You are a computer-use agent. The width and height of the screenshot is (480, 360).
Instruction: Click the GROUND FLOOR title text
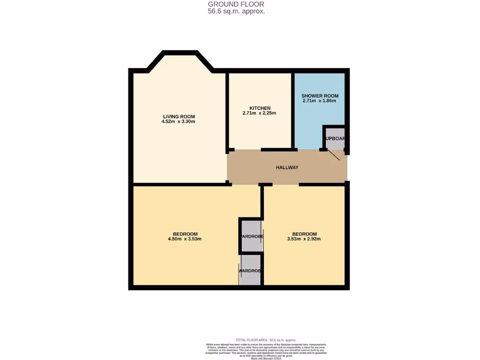coord(236,4)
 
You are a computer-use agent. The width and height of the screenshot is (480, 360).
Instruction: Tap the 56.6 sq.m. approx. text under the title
coord(236,11)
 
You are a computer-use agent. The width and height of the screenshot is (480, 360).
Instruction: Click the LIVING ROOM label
coord(179,117)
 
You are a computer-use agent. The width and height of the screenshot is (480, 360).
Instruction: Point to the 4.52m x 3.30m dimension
coord(179,122)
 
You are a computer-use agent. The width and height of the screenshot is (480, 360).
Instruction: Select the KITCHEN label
coord(259,108)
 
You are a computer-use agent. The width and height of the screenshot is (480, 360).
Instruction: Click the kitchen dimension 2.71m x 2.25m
coord(259,113)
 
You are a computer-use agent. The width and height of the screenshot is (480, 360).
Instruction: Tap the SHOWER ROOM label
coord(320,96)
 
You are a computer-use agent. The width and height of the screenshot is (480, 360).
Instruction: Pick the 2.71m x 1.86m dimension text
coord(320,101)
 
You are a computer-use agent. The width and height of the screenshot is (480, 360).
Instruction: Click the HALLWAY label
coord(287,167)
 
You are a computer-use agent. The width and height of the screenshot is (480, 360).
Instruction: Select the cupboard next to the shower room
coord(335,139)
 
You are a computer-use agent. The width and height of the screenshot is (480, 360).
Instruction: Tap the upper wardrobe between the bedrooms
coord(251,236)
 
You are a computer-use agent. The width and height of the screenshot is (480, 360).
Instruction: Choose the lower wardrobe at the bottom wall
coord(250,271)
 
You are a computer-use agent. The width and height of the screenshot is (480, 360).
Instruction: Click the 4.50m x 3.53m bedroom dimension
coord(185,239)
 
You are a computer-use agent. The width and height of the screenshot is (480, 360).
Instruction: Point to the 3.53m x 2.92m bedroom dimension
coord(304,239)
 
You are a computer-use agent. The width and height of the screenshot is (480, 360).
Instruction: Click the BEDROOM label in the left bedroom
coord(185,234)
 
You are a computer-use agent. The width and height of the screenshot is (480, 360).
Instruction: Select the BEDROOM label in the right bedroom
coord(304,234)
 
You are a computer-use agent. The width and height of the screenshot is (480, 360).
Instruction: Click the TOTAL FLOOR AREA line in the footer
coord(266,340)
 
